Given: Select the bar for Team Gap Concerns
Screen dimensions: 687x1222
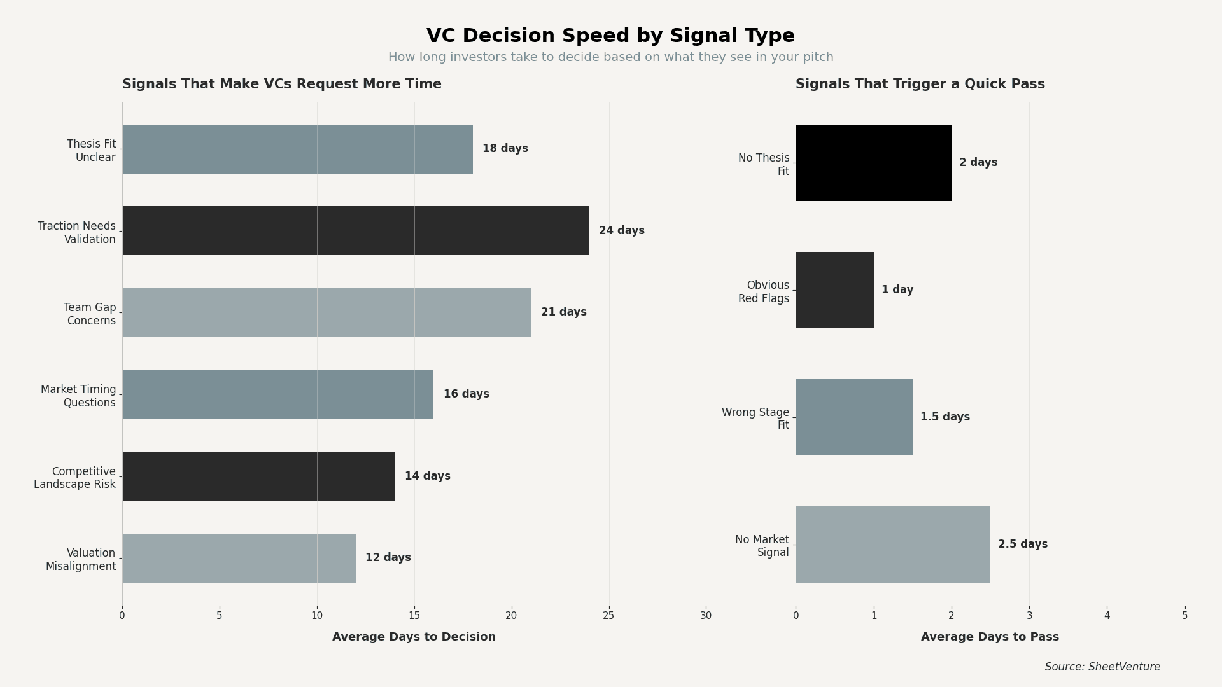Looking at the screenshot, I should click(x=326, y=312).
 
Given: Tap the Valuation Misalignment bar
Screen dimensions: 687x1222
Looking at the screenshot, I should click(x=239, y=558).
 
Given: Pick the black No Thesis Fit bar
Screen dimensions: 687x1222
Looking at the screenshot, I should click(x=873, y=163).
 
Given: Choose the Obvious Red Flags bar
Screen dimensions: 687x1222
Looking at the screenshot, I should click(x=834, y=290).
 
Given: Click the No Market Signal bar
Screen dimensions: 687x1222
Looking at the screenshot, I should click(x=892, y=545).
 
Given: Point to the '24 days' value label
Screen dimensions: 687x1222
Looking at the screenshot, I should click(x=621, y=231).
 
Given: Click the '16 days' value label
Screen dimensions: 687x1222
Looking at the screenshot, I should click(x=466, y=394).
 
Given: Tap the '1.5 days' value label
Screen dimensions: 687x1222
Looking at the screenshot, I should click(x=945, y=417).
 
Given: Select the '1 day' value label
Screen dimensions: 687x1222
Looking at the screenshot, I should click(x=897, y=290).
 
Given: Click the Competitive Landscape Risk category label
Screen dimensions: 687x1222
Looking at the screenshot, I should click(x=75, y=478).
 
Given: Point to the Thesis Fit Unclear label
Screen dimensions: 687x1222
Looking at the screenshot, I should click(x=92, y=151).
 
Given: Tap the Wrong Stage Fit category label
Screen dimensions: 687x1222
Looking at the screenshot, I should click(x=755, y=419).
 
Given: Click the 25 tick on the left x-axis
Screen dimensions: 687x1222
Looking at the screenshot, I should click(x=608, y=616).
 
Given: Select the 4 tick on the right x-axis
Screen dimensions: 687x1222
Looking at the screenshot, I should click(x=1107, y=616).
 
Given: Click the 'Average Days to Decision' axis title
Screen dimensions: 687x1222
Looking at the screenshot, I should click(x=414, y=637).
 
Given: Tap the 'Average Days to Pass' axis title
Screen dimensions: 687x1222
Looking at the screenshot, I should click(x=990, y=637).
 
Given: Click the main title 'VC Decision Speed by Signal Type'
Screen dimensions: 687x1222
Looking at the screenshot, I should click(x=610, y=36).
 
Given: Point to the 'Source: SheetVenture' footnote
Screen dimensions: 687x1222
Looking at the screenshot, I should click(x=1102, y=667).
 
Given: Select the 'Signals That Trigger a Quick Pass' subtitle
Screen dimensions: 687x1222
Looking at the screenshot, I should click(x=920, y=85).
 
